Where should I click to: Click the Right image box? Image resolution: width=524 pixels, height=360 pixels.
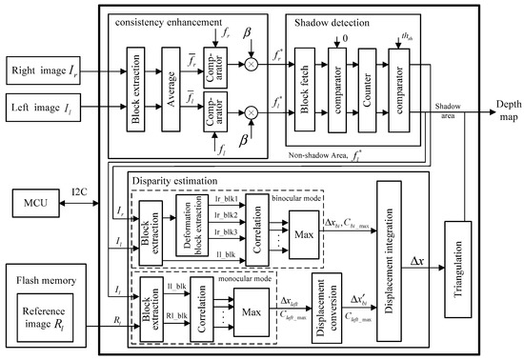[49, 72]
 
